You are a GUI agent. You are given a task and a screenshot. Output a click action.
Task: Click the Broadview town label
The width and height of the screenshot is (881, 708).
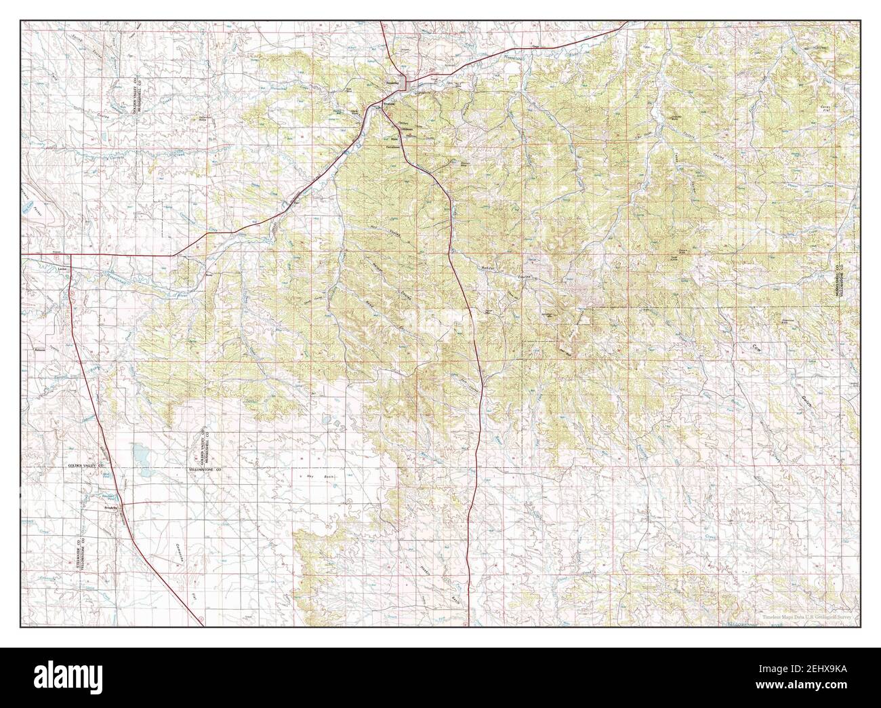tap(112, 507)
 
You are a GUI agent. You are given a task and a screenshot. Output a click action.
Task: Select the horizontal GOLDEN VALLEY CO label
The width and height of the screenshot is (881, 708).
tap(86, 468)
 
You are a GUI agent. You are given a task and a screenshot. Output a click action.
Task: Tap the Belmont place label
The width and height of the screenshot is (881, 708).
tap(39, 350)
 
